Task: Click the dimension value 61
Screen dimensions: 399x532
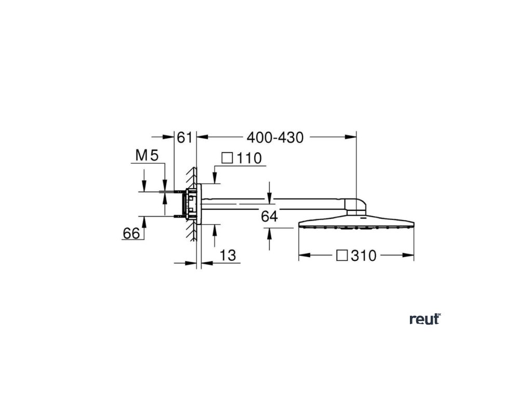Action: pyautogui.click(x=185, y=137)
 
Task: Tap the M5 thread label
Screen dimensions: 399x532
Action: pyautogui.click(x=146, y=155)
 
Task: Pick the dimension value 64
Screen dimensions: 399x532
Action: pyautogui.click(x=270, y=217)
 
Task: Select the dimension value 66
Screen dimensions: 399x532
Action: pyautogui.click(x=131, y=234)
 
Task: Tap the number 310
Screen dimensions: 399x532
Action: pyautogui.click(x=364, y=256)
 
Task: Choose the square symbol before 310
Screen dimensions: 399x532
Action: pyautogui.click(x=341, y=256)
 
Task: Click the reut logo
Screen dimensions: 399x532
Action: pyautogui.click(x=424, y=320)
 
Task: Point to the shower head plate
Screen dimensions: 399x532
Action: pyautogui.click(x=356, y=223)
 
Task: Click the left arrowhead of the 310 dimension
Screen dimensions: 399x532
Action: pyautogui.click(x=302, y=256)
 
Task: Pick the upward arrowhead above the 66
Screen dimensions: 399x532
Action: pyautogui.click(x=145, y=221)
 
